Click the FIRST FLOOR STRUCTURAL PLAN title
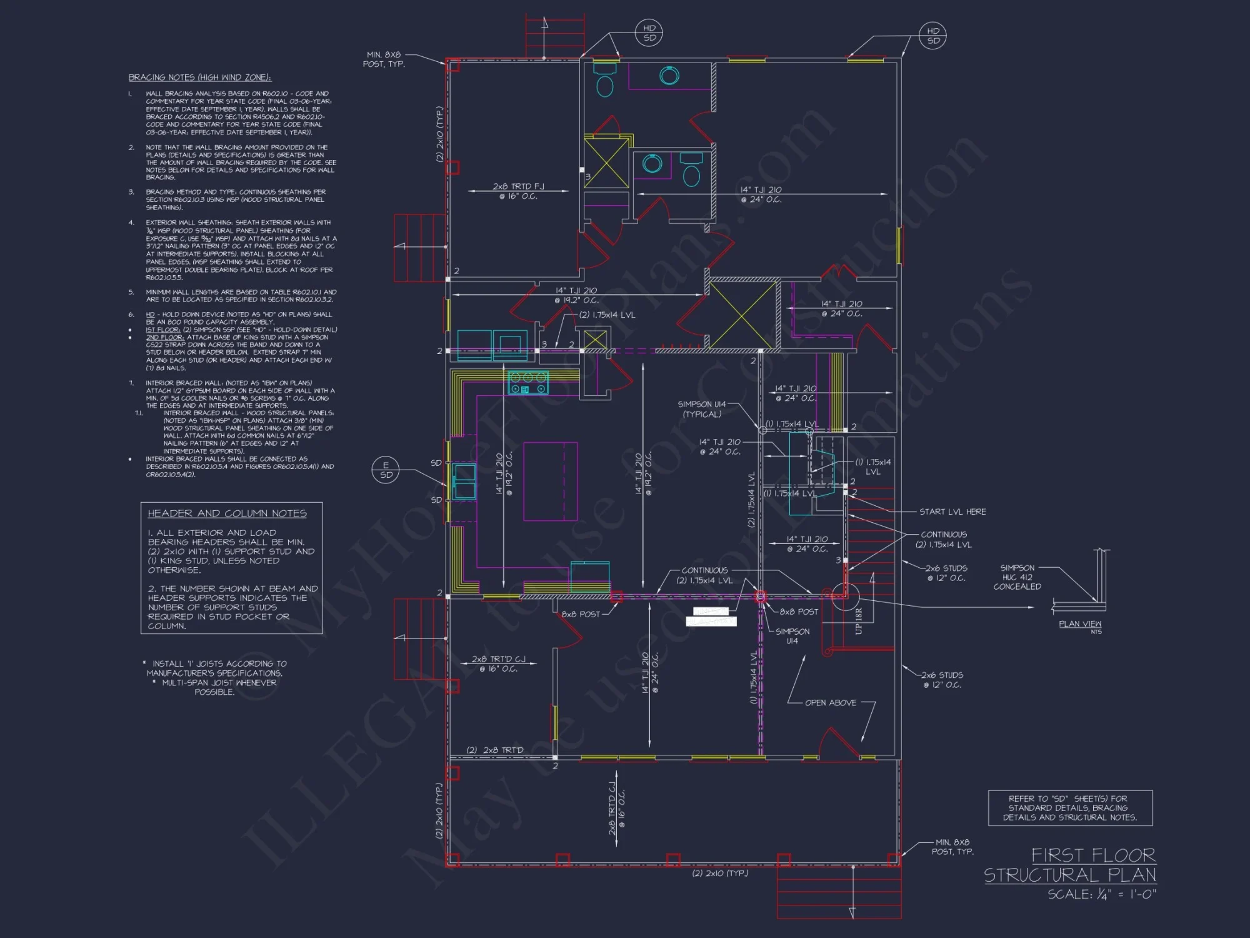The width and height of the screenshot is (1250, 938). tap(1070, 865)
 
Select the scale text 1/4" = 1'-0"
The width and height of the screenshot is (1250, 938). tap(1101, 895)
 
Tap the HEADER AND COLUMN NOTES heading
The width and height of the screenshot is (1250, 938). tap(227, 513)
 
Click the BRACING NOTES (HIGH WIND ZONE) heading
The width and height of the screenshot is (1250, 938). tap(200, 78)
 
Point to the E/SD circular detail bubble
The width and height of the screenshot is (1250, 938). tap(386, 470)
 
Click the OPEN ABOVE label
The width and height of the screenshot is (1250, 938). tap(831, 703)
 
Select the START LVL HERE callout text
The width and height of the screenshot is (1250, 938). tap(952, 512)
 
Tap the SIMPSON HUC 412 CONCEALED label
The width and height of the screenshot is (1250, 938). tap(1017, 577)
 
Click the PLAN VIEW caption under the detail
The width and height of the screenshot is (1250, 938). tap(1079, 624)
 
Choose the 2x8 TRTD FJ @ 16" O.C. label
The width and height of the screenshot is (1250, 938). tap(518, 191)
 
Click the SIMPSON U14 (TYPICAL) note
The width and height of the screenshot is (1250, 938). tap(702, 409)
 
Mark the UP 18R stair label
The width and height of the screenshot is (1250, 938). tap(859, 621)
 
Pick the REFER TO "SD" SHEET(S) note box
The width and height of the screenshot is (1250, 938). tap(1069, 808)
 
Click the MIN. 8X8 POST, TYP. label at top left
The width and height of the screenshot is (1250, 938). tap(384, 59)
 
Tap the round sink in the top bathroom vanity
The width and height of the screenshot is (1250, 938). tap(669, 76)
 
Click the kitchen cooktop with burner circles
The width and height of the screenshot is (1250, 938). tap(528, 383)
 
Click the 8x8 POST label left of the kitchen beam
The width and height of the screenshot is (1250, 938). tap(580, 614)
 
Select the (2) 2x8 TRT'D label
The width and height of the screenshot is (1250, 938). tap(494, 750)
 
